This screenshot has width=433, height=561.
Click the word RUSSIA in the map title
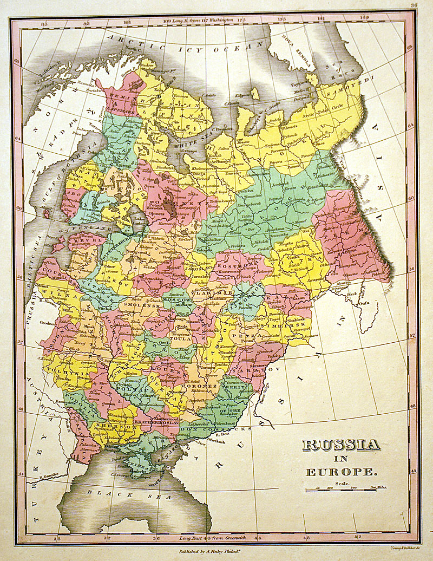tap(340, 445)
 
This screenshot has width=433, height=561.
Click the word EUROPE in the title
tap(341, 472)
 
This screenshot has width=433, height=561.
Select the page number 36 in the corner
tap(414, 6)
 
